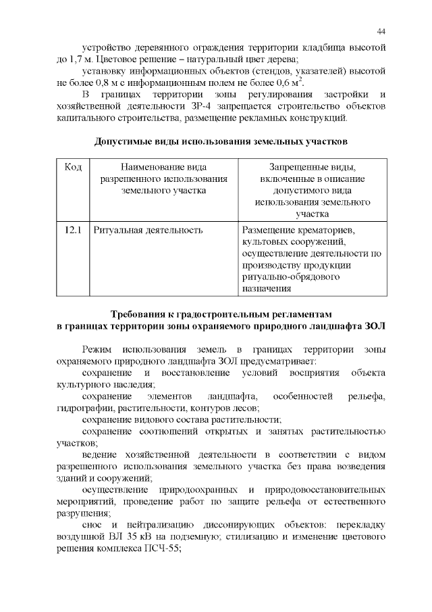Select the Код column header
click(73, 167)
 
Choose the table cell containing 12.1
click(73, 230)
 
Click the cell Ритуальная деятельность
click(148, 230)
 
